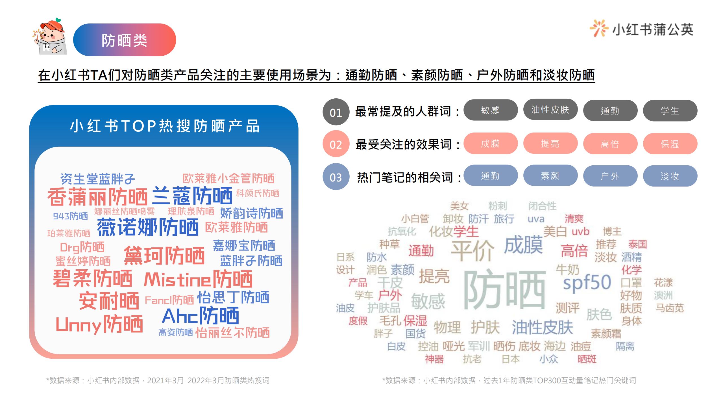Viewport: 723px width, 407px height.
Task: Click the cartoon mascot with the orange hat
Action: click(x=50, y=37)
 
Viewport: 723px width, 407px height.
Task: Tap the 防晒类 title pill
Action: click(x=125, y=40)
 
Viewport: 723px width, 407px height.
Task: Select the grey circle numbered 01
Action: click(x=336, y=112)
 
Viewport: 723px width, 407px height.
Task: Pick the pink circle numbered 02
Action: click(x=336, y=144)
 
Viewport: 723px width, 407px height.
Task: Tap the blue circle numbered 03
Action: click(x=336, y=177)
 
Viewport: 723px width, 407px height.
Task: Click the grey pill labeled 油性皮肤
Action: click(x=550, y=110)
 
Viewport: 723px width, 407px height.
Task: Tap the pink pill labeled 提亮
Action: click(x=550, y=143)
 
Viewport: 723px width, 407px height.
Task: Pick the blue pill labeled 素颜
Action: click(x=550, y=176)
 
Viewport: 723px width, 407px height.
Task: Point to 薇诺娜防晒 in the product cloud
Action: click(x=148, y=227)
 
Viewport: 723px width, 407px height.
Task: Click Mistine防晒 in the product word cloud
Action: click(x=198, y=279)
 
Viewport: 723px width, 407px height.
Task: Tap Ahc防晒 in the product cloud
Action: click(x=201, y=316)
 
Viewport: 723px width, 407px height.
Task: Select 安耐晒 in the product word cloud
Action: click(x=109, y=301)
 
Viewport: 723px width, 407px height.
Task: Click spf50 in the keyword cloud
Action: click(x=587, y=282)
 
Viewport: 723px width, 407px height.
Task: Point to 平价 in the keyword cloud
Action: click(x=472, y=250)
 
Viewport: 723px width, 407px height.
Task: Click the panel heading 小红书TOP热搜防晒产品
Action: click(x=164, y=126)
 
